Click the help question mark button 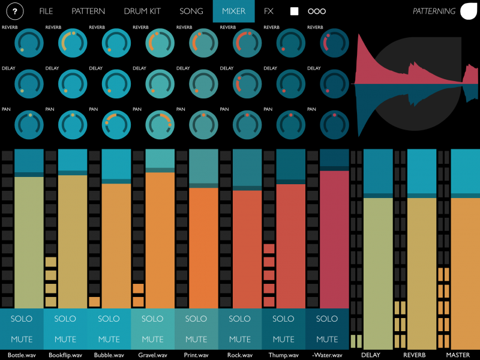coord(14,11)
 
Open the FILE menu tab coord(46,11)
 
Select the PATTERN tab coord(88,11)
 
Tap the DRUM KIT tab coord(143,11)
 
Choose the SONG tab coord(191,11)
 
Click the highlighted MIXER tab coord(233,11)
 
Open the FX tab coord(269,11)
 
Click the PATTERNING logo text coord(434,11)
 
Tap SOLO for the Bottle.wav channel coord(22,319)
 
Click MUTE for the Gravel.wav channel coord(152,339)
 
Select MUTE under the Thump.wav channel coord(283,339)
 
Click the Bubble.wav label coord(109,355)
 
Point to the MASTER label coord(458,355)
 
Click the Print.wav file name coord(196,355)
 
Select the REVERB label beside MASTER coord(415,355)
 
